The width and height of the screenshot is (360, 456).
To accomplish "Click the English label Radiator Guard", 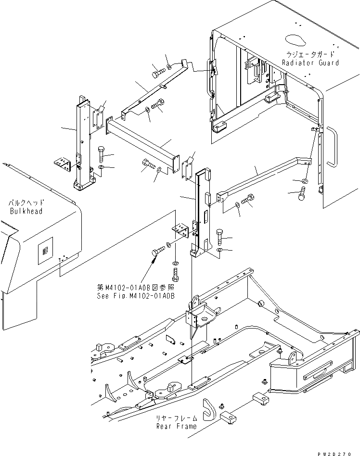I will click(x=310, y=63).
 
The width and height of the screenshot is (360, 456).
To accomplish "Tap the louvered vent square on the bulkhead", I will click(x=44, y=250).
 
